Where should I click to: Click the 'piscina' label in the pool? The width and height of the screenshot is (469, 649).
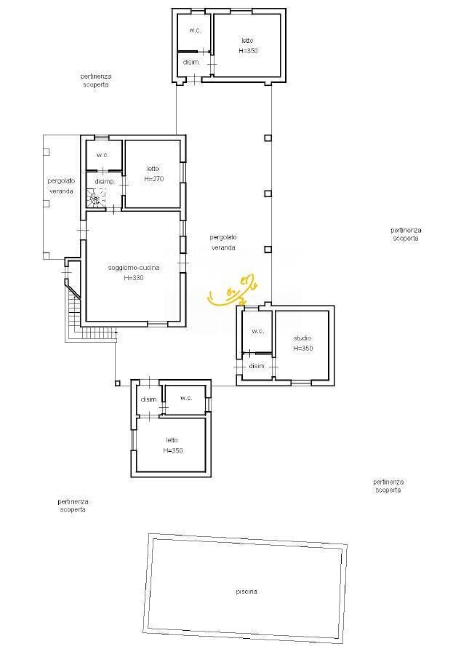(246, 592)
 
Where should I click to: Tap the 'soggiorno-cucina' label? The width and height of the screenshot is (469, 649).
(133, 268)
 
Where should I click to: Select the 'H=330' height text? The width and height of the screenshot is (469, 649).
(133, 277)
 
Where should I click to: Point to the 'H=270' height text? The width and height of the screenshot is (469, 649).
(152, 178)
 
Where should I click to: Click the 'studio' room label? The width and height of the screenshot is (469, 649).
(302, 338)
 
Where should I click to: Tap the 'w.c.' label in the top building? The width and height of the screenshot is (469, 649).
(195, 31)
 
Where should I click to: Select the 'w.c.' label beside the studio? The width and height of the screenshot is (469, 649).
(257, 331)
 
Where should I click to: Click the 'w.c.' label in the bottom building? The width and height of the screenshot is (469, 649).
(185, 398)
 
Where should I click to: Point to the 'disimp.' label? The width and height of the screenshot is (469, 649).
(105, 181)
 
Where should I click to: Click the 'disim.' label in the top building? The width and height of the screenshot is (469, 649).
(191, 63)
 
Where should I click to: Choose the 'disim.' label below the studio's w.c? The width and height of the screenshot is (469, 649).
(257, 366)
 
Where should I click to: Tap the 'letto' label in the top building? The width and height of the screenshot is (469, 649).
(248, 41)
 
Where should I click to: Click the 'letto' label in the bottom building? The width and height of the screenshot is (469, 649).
(172, 440)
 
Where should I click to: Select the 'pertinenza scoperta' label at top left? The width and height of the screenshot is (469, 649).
(96, 80)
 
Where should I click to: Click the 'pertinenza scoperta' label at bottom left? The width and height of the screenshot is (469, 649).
(73, 505)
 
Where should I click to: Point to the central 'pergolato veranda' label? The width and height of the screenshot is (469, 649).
(224, 242)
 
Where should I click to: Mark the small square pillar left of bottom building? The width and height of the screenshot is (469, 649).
(116, 383)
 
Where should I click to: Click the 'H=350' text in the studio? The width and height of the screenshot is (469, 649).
(302, 349)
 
